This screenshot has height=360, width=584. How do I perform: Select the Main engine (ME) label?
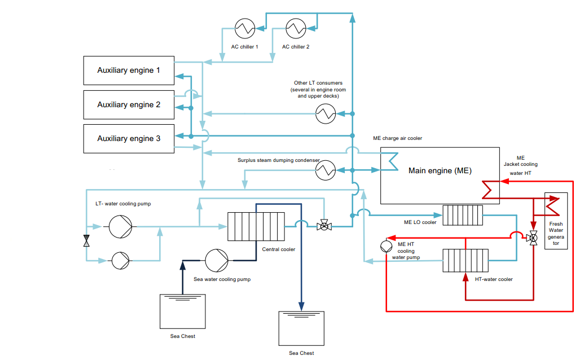[440, 170]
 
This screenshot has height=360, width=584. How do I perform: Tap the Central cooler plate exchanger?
[256, 226]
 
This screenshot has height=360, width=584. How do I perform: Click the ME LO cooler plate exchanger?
[463, 215]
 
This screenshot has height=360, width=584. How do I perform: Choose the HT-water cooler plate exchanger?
[466, 261]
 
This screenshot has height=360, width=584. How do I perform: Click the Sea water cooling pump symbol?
[217, 261]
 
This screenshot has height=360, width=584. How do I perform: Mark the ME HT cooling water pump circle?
[386, 246]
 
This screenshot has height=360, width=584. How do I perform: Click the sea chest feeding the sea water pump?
[182, 311]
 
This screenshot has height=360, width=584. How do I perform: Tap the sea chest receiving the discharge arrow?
[301, 328]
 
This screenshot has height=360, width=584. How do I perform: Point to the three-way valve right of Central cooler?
[324, 225]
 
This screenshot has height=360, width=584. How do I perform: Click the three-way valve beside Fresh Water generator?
[533, 238]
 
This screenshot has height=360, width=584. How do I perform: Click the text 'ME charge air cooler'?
[397, 138]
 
